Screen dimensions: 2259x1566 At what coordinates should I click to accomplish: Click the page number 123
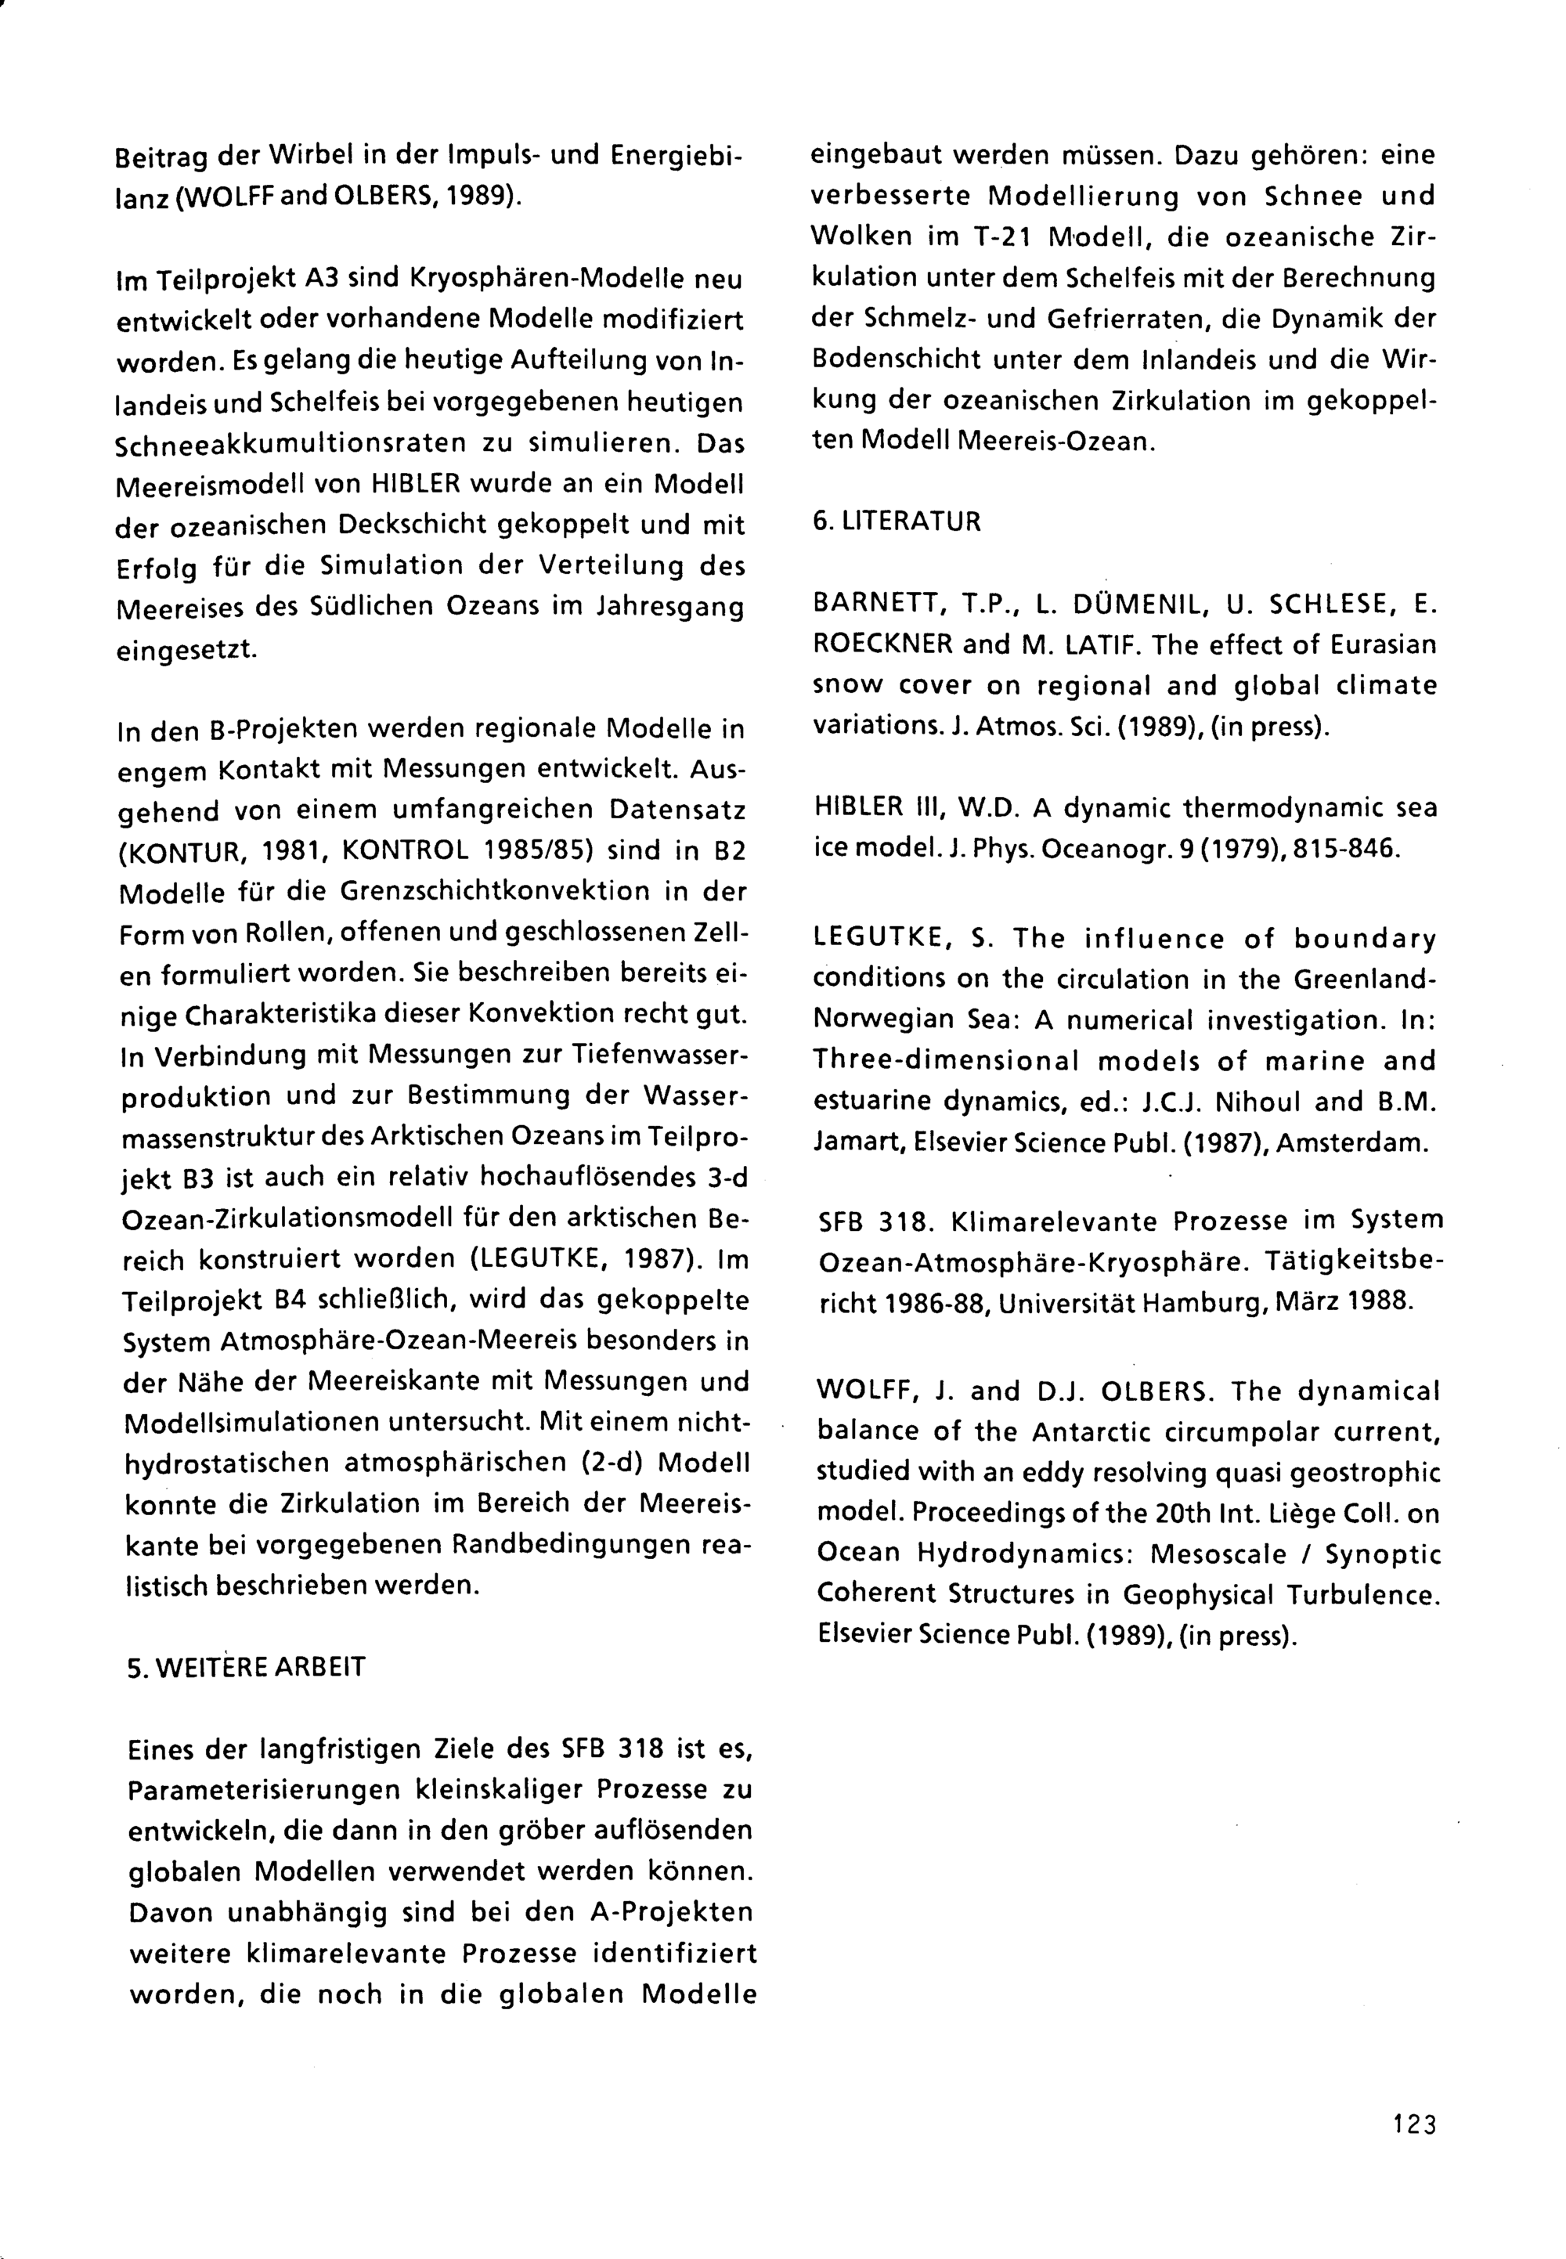(1414, 2124)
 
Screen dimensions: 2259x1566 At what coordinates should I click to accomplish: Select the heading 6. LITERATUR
(897, 521)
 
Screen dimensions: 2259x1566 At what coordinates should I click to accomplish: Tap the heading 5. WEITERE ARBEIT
(247, 1667)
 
